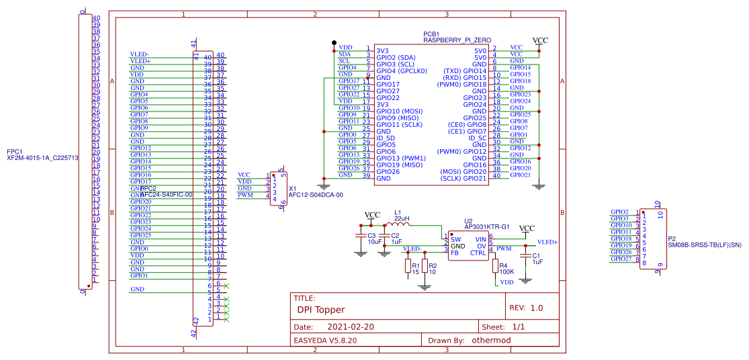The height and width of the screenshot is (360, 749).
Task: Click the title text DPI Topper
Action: [320, 310]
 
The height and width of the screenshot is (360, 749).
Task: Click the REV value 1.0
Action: [536, 308]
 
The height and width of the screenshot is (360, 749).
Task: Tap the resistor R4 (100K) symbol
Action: [495, 267]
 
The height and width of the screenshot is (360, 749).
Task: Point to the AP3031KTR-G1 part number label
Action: [487, 226]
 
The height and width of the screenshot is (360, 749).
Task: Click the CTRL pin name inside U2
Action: [478, 253]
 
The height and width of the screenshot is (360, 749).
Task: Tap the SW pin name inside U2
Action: [455, 239]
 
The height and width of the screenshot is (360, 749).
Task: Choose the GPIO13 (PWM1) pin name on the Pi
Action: [401, 159]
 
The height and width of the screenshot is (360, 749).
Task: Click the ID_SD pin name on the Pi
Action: [386, 138]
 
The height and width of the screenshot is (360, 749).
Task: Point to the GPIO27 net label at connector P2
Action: [620, 259]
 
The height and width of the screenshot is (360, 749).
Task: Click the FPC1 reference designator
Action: [14, 152]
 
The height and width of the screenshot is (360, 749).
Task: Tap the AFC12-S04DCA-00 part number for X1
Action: [316, 195]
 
